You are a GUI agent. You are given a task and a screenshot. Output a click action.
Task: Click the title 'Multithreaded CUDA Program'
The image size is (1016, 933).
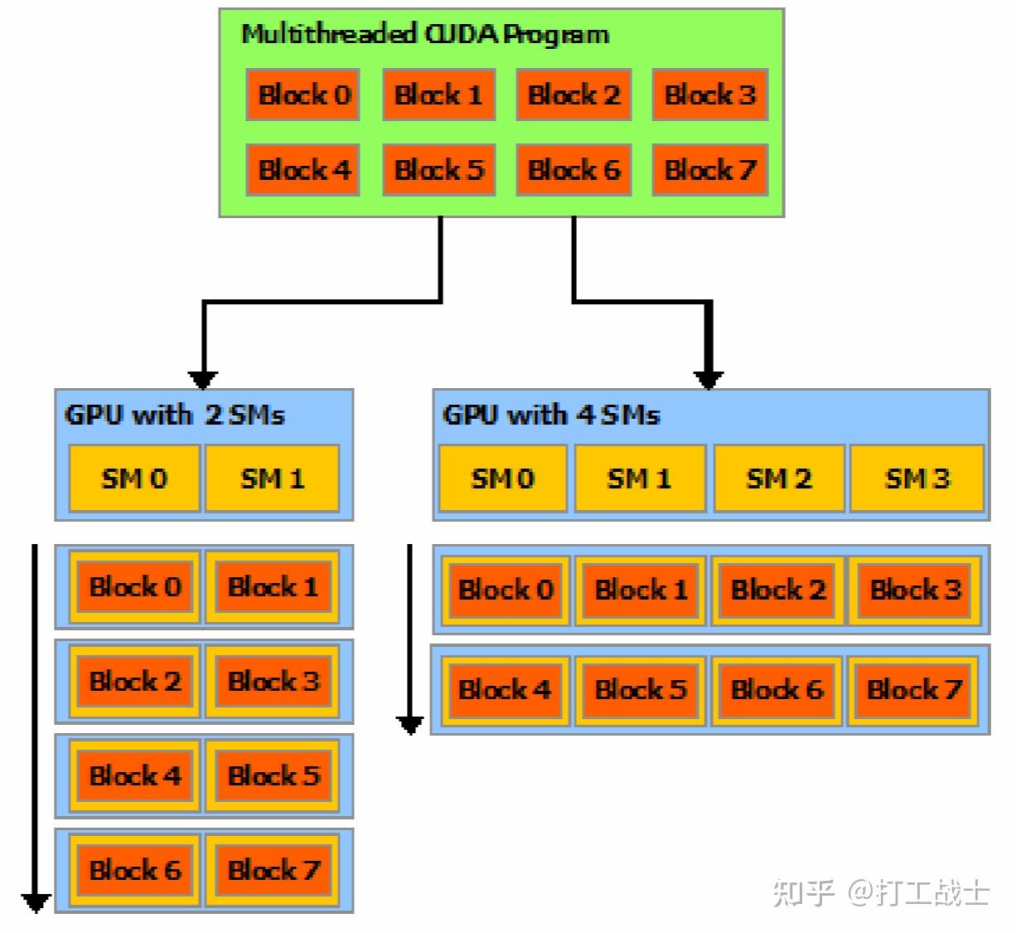point(425,35)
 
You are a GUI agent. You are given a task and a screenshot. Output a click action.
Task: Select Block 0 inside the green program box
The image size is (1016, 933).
point(302,95)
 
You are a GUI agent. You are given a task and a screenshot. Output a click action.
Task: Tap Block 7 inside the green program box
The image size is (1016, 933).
point(710,169)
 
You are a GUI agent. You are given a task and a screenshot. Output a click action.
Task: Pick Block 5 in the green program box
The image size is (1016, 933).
point(439,169)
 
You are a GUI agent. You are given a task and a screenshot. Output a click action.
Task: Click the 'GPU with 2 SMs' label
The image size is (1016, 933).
point(174,415)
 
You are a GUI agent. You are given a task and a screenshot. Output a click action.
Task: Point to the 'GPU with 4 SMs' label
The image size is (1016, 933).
point(551,415)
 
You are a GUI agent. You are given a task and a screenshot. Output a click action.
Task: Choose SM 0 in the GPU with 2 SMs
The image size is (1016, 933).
point(135,479)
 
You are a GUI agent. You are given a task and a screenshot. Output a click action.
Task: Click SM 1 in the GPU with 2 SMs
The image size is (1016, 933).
point(273,479)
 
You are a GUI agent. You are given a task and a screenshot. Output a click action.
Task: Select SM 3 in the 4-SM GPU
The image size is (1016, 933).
point(917,479)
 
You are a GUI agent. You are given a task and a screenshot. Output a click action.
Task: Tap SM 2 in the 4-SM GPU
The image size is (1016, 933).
point(779,479)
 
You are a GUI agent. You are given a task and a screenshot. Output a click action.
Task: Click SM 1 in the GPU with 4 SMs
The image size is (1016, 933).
point(641,479)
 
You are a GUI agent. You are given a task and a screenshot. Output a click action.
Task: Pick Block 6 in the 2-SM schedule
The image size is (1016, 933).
point(135,870)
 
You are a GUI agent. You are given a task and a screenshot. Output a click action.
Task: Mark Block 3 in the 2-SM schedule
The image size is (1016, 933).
point(273,681)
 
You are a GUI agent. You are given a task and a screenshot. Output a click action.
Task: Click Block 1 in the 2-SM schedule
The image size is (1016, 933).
point(273,586)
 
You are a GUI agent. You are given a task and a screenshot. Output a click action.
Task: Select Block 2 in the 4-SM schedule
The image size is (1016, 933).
point(778,590)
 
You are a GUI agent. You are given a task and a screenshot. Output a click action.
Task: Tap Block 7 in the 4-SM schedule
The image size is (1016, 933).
point(914,689)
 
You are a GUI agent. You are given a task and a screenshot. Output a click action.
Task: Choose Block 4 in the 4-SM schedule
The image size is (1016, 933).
point(505,689)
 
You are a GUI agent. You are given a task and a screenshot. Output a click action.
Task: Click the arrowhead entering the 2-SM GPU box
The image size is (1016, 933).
point(202,380)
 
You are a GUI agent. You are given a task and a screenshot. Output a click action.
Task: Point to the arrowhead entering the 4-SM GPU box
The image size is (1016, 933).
point(708,380)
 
